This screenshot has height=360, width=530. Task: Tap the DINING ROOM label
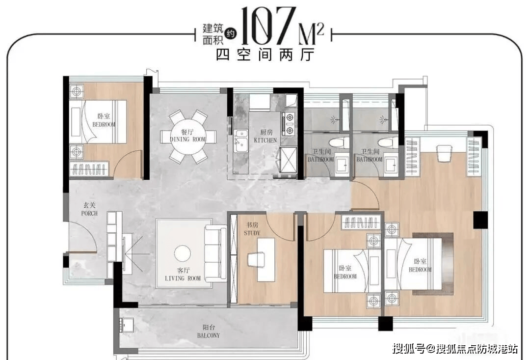(x=187, y=139)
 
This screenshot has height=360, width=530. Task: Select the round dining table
(x=187, y=137)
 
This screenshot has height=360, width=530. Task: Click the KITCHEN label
(x=265, y=140)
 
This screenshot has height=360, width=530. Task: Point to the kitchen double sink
(x=241, y=141)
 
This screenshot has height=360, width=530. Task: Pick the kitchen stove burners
(x=290, y=124)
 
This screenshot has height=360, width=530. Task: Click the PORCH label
(x=89, y=214)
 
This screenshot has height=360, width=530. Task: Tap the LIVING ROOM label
(x=183, y=278)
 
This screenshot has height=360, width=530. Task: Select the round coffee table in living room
(x=183, y=253)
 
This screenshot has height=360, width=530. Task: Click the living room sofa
(x=215, y=253)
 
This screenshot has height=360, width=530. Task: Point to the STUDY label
(x=252, y=233)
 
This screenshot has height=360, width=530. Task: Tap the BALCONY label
(x=209, y=335)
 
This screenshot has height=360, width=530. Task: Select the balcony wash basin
(x=127, y=326)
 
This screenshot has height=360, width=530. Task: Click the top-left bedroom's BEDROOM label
(x=104, y=125)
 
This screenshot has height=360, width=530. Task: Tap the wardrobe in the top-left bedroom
(x=89, y=168)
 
